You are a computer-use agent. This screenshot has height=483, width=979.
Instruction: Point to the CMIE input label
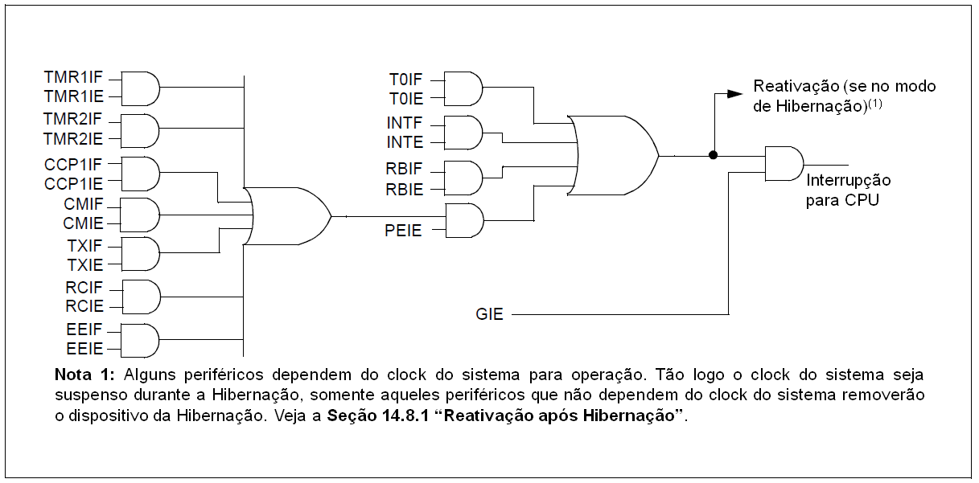click(x=83, y=223)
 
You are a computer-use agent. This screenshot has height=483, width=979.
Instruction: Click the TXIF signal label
click(x=82, y=244)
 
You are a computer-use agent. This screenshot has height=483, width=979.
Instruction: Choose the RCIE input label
click(x=84, y=306)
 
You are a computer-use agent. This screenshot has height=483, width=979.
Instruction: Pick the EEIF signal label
click(x=84, y=329)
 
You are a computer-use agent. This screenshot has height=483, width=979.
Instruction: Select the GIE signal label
click(x=489, y=314)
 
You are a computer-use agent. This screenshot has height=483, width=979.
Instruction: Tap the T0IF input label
click(x=406, y=79)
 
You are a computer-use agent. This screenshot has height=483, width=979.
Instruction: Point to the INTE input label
click(x=405, y=143)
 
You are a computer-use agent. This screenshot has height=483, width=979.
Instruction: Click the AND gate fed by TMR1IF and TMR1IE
click(x=140, y=88)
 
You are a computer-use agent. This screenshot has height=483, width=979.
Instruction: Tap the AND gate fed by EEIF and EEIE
click(x=140, y=339)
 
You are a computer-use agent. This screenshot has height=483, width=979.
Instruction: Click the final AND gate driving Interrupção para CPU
click(x=784, y=163)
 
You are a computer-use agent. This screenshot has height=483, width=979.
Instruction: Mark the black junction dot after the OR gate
click(x=713, y=155)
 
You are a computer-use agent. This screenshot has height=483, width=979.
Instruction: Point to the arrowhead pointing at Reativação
click(x=734, y=93)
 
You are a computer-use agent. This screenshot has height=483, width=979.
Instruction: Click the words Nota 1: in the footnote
click(x=86, y=375)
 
